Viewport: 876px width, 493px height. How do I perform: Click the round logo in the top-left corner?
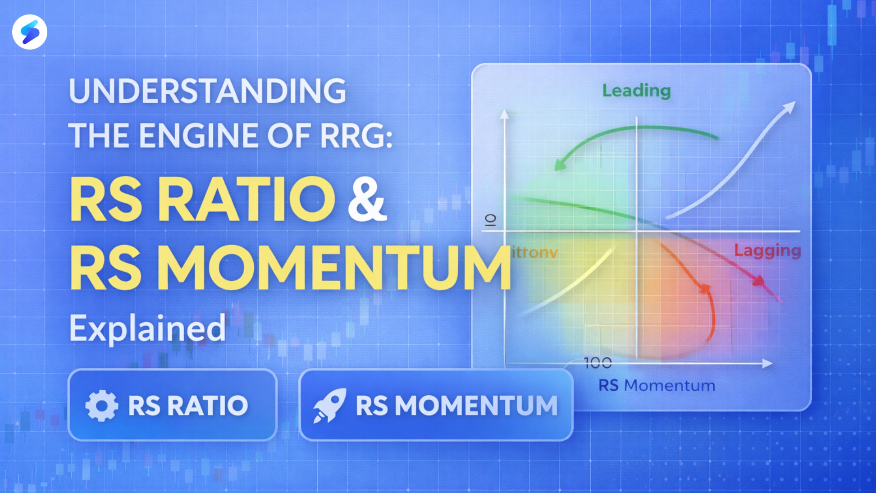pos(30,32)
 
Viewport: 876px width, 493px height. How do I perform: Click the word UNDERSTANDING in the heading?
pos(207,91)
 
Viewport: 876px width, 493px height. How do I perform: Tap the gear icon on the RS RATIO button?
pos(101,405)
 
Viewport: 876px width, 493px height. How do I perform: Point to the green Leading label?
pos(636,91)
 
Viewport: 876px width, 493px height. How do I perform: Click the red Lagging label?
pos(767,251)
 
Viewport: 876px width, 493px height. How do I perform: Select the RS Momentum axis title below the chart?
pos(657,386)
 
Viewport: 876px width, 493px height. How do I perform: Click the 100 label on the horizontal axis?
pos(598,363)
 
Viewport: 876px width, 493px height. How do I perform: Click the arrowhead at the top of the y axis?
pos(504,114)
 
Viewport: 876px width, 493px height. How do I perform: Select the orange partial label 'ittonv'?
pos(535,253)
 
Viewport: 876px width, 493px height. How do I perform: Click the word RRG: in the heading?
pos(356,136)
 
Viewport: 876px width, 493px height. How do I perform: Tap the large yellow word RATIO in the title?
pos(246,199)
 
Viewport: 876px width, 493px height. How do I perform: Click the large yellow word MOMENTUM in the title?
pos(333,268)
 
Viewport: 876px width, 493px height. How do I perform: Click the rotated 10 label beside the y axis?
pos(490,220)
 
